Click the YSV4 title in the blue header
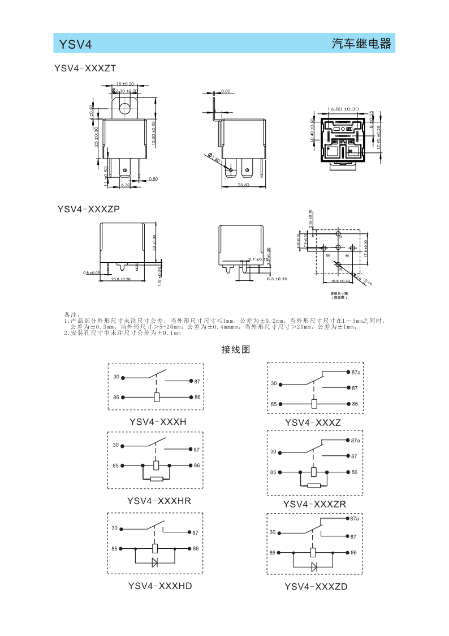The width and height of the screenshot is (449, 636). (x=72, y=44)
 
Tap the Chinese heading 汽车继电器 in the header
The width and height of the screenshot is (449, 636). (x=361, y=44)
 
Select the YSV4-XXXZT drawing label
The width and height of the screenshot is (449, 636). (x=85, y=69)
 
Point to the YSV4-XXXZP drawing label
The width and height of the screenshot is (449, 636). (x=88, y=209)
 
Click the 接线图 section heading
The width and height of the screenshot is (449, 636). (x=235, y=349)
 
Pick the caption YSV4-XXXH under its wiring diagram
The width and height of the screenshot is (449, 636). (x=158, y=422)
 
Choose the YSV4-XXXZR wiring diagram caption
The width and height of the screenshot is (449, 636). (x=314, y=504)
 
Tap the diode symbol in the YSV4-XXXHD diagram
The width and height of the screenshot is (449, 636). (x=156, y=562)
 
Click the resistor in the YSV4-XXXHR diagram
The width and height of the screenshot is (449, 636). (x=156, y=479)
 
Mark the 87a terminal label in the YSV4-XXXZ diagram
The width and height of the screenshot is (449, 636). (x=356, y=372)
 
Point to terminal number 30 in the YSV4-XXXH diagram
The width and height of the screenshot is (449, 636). (x=116, y=377)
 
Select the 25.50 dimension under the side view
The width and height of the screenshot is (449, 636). (x=244, y=185)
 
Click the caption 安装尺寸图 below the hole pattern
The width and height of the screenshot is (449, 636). (x=339, y=293)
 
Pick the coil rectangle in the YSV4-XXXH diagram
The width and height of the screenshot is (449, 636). (x=157, y=397)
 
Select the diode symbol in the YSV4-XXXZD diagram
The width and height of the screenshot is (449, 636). (x=314, y=566)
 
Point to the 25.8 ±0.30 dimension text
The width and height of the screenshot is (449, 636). (x=120, y=279)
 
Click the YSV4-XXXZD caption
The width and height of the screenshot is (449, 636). (x=316, y=587)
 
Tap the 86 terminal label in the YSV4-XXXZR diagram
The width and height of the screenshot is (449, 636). (x=355, y=472)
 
